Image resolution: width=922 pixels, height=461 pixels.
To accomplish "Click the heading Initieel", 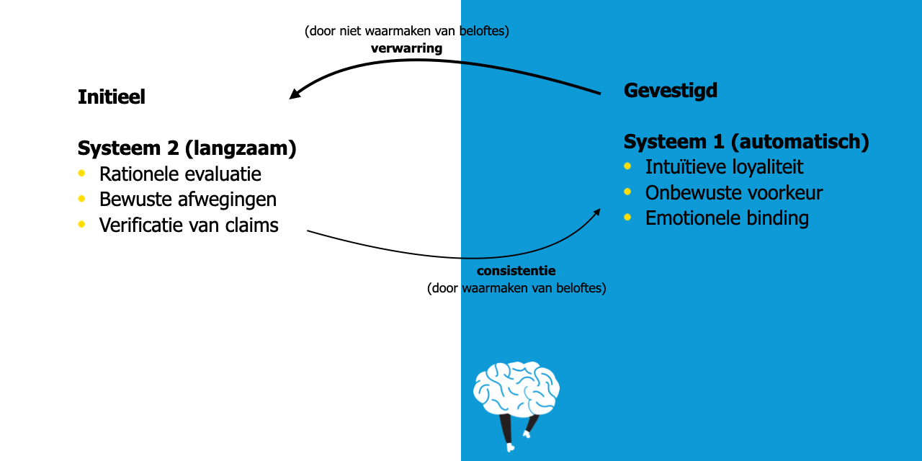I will click(112, 97).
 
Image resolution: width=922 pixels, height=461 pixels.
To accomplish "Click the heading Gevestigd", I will click(670, 91).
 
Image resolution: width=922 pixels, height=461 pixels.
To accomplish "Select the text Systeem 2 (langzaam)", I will click(187, 148).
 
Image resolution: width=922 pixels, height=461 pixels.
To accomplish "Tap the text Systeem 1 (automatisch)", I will click(746, 142).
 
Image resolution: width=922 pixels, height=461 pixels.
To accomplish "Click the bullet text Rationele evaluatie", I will click(180, 174).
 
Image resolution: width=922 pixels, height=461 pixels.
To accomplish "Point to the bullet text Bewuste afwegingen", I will click(188, 200).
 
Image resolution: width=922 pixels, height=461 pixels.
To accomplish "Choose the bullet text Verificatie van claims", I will click(189, 225).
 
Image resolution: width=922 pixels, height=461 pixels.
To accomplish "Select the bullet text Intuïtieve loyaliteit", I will click(724, 167).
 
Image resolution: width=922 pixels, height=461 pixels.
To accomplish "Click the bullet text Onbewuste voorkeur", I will click(733, 192).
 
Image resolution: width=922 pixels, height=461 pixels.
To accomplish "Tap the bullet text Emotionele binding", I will click(727, 218).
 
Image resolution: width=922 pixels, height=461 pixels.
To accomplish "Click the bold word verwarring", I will click(406, 48).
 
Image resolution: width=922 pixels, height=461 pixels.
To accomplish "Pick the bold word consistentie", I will click(516, 272).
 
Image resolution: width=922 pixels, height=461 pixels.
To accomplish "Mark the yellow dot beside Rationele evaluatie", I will click(81, 173).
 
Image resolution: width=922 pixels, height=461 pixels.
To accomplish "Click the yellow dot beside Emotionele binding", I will click(627, 217).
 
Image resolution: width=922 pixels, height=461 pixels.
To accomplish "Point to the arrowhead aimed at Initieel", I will click(295, 94).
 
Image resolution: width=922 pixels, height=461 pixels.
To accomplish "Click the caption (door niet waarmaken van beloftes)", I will click(406, 32).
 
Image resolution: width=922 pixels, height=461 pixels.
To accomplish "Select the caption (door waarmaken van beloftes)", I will click(516, 288).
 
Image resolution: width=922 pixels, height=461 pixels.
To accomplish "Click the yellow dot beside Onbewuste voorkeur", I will click(627, 192).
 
